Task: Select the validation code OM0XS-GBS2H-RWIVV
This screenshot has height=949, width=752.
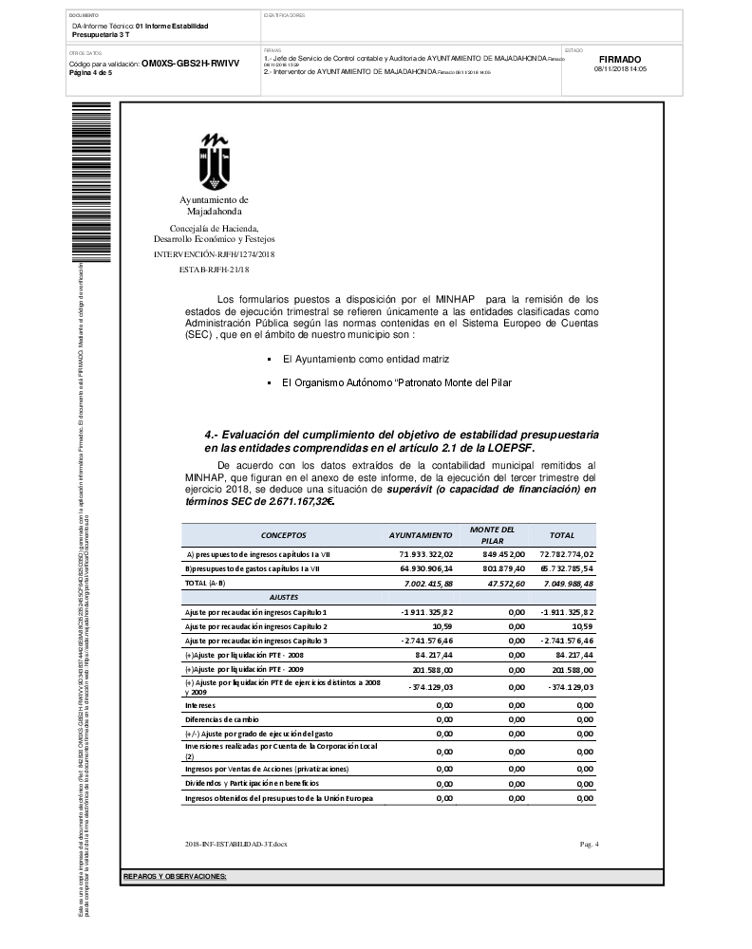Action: point(190,64)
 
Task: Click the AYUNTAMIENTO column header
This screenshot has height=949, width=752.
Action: point(421,535)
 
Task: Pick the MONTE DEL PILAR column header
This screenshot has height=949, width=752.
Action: point(492,534)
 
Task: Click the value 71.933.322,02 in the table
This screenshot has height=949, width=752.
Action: point(427,553)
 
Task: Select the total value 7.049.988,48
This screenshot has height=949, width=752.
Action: point(567,583)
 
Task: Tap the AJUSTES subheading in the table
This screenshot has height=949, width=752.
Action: point(284,597)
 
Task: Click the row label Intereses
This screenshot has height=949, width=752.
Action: point(200,705)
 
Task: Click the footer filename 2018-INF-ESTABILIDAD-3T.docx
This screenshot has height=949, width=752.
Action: point(235,844)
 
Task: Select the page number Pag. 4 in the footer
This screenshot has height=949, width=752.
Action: point(589,844)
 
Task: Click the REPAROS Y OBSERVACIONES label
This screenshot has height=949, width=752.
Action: point(176,875)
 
